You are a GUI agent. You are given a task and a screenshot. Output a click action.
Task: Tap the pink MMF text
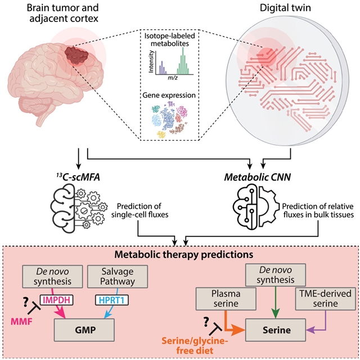click(19, 322)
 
